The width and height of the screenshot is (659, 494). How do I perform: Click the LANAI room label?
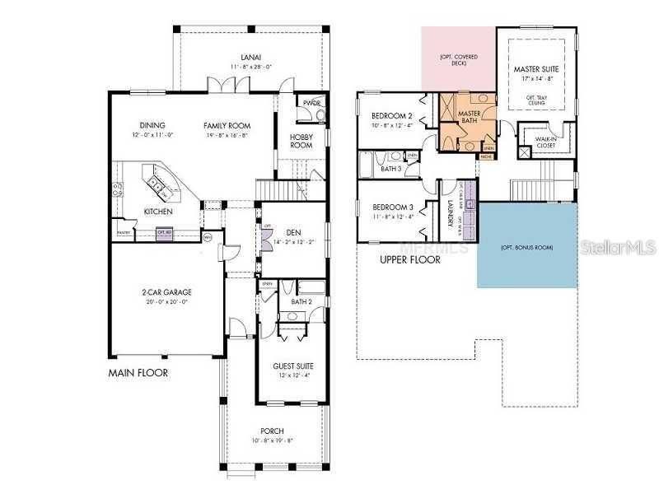pyautogui.click(x=249, y=57)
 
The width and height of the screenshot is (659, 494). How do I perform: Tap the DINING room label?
pyautogui.click(x=152, y=125)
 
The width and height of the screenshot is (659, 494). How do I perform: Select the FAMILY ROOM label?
pyautogui.click(x=227, y=125)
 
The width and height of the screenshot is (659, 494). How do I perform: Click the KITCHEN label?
pyautogui.click(x=158, y=212)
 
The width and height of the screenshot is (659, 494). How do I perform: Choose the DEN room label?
pyautogui.click(x=292, y=232)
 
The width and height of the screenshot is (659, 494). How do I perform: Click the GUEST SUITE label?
pyautogui.click(x=293, y=366)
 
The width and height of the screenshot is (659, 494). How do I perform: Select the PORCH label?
pyautogui.click(x=272, y=431)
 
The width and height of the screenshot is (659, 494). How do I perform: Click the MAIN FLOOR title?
pyautogui.click(x=138, y=373)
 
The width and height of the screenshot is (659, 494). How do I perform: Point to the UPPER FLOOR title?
pyautogui.click(x=409, y=259)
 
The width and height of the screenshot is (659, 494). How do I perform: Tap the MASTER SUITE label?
pyautogui.click(x=535, y=69)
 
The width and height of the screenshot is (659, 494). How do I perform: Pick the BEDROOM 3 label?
pyautogui.click(x=391, y=207)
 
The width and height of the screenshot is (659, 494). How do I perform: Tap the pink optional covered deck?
pyautogui.click(x=458, y=59)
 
